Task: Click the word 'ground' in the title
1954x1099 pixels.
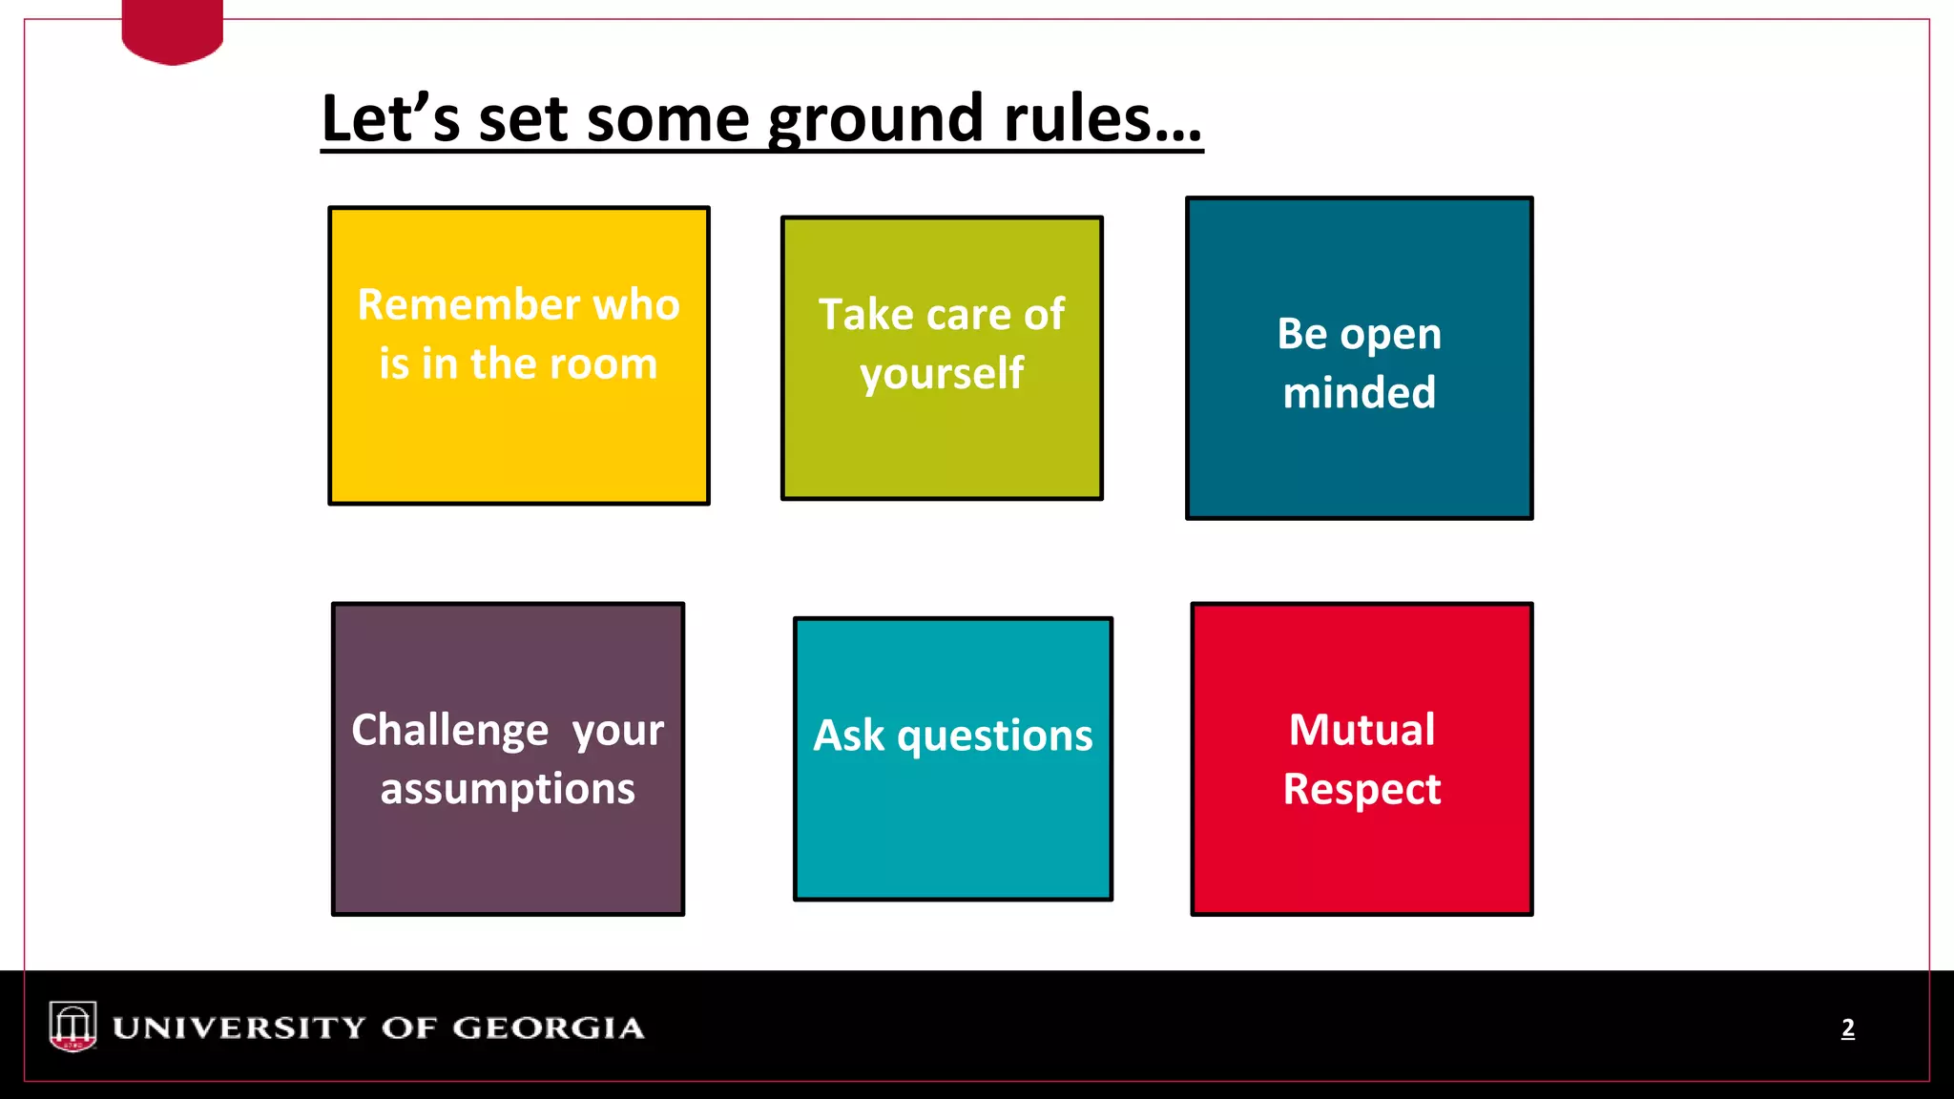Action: pyautogui.click(x=875, y=120)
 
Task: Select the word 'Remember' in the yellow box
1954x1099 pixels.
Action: pyautogui.click(x=468, y=305)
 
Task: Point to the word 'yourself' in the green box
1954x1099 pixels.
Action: pyautogui.click(x=942, y=374)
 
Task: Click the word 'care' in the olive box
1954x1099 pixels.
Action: pyautogui.click(x=968, y=315)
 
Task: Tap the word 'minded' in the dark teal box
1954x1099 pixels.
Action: pyautogui.click(x=1359, y=393)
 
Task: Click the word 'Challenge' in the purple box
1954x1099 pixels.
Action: pyautogui.click(x=450, y=731)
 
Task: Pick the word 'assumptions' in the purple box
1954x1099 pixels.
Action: pyautogui.click(x=508, y=790)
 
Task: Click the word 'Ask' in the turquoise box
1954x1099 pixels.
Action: pyautogui.click(x=849, y=736)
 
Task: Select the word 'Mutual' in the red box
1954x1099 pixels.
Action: pyautogui.click(x=1362, y=730)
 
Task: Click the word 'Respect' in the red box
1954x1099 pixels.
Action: pyautogui.click(x=1362, y=789)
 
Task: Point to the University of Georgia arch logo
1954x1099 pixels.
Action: pyautogui.click(x=73, y=1026)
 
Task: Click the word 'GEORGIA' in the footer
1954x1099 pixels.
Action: pyautogui.click(x=548, y=1027)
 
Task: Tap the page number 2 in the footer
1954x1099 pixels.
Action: pyautogui.click(x=1847, y=1027)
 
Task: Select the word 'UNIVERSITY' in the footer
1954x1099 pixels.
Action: pyautogui.click(x=239, y=1027)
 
